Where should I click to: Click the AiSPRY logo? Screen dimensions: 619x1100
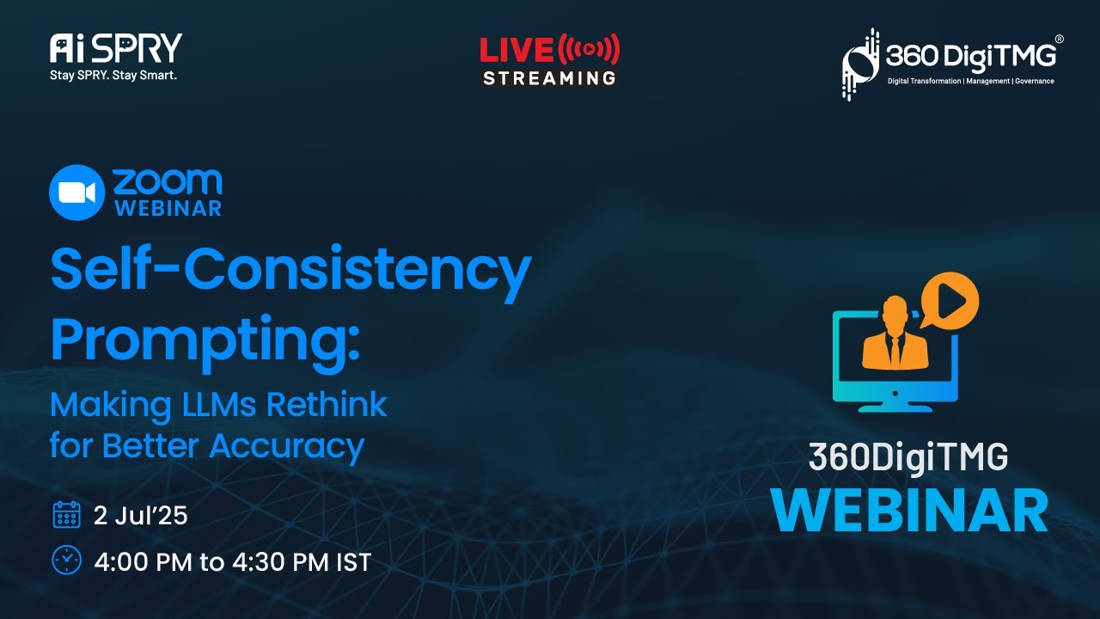click(x=115, y=49)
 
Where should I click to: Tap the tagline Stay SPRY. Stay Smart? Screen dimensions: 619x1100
click(x=113, y=75)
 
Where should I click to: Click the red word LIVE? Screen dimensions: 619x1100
click(x=516, y=51)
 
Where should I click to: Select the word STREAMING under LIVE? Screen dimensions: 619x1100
click(x=549, y=78)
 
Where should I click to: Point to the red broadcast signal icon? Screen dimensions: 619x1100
click(x=589, y=50)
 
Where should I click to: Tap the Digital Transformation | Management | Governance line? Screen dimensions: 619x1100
click(x=970, y=81)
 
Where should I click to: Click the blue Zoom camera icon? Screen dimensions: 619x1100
click(x=76, y=192)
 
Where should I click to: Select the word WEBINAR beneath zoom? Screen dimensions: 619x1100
click(x=168, y=208)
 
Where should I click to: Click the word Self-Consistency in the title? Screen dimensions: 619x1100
click(x=290, y=271)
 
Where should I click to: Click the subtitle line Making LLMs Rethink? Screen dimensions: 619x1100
click(x=218, y=404)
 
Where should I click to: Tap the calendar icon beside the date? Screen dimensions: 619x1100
click(x=66, y=515)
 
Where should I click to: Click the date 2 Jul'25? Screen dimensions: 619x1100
click(x=140, y=516)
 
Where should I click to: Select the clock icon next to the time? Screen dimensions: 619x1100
click(x=66, y=560)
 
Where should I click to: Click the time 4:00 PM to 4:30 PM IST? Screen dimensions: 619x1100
click(x=232, y=562)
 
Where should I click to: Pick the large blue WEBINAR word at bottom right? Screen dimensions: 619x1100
click(x=908, y=511)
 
